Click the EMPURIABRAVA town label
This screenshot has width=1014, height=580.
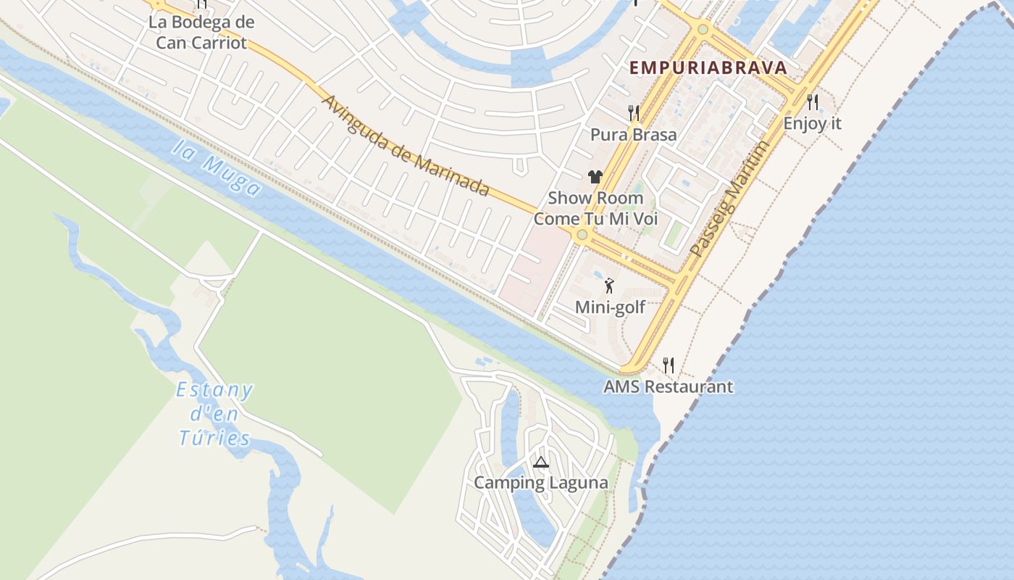[x=708, y=68]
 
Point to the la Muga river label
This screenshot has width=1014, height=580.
[x=216, y=167]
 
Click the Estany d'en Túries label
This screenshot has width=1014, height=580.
[x=214, y=415]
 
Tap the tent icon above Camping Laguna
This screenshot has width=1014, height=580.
[x=540, y=463]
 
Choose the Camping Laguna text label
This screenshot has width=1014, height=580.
[x=540, y=483]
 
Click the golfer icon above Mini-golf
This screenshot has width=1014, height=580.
[x=609, y=286]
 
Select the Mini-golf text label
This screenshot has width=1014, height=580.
[x=610, y=307]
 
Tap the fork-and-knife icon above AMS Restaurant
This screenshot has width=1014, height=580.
[x=668, y=365]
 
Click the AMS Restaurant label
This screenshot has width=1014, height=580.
[x=668, y=386]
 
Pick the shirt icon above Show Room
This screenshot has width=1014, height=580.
[x=595, y=177]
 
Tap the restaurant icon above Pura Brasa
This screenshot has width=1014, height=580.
[x=634, y=113]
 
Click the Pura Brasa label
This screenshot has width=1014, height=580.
[x=634, y=135]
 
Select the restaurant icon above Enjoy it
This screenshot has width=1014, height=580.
[x=813, y=102]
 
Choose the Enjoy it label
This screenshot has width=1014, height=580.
[x=813, y=123]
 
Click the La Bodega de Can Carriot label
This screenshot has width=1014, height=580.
[x=201, y=32]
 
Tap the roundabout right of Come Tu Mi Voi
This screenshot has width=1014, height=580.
[x=581, y=235]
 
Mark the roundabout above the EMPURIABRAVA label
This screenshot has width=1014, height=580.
[x=703, y=30]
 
